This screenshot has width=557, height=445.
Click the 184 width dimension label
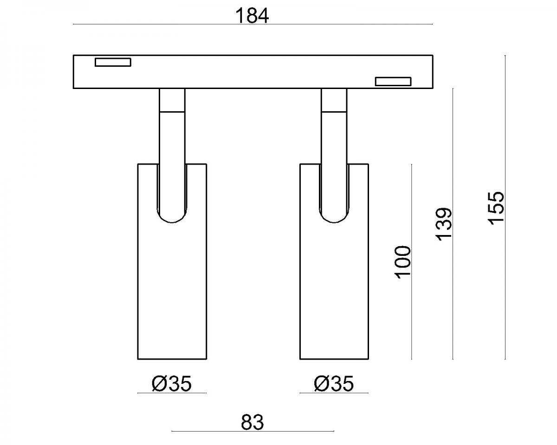pos(252,16)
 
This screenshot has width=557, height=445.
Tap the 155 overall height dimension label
pos(496,208)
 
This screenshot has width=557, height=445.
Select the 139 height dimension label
pos(444,224)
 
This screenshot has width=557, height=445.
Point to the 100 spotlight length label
pos(402,262)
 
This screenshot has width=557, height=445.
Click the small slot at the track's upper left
pos(113,62)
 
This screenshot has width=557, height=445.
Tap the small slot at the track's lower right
pos(393,82)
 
